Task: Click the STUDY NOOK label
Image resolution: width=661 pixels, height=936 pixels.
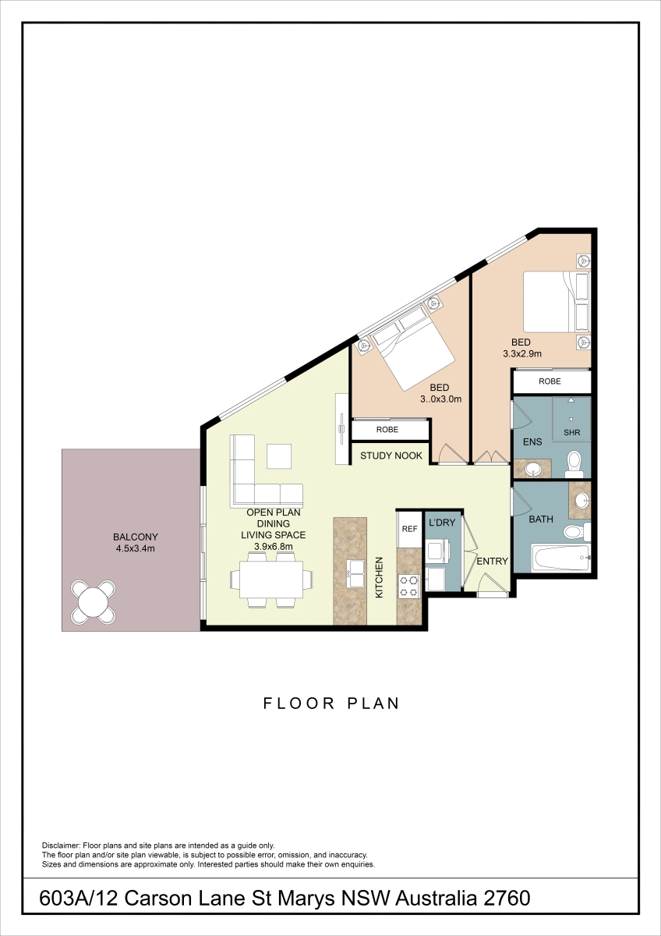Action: [391, 456]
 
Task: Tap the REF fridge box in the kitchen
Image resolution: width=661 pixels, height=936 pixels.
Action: [410, 529]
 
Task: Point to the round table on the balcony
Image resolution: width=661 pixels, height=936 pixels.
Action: [93, 601]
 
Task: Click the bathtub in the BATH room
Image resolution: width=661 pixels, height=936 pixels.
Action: [560, 558]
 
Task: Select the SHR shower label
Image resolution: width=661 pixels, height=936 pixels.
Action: [571, 432]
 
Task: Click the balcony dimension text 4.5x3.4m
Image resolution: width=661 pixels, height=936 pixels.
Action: [136, 548]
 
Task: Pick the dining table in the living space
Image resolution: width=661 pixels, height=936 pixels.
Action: [271, 579]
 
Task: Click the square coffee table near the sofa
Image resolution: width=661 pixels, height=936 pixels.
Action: [279, 457]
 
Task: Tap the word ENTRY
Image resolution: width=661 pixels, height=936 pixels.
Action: [493, 561]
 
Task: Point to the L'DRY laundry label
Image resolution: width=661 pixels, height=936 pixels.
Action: [442, 523]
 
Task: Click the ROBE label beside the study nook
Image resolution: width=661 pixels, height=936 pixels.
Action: [387, 430]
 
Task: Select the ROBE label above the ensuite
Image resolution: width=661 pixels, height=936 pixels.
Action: [550, 381]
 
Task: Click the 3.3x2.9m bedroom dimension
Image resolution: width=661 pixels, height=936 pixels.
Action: [522, 354]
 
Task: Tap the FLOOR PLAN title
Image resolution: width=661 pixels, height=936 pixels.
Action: [331, 704]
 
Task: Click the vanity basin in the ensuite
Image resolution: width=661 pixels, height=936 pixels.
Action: [533, 469]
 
